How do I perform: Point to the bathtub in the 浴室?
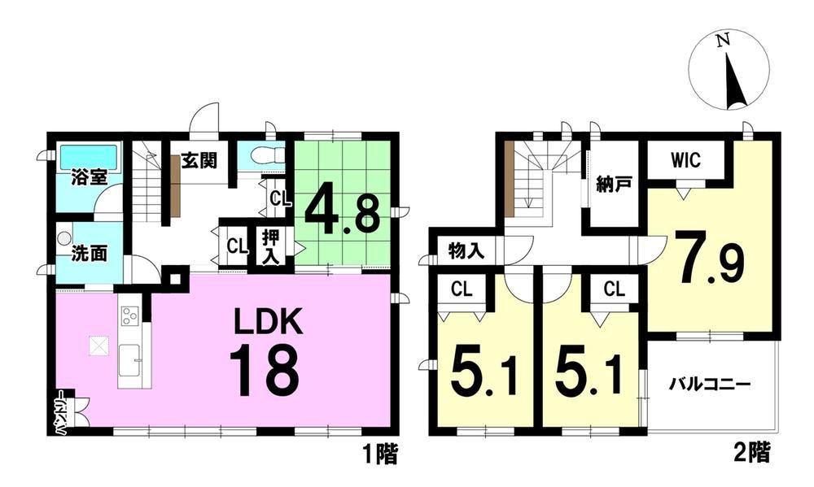point(89,156)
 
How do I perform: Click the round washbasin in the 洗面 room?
point(63,238)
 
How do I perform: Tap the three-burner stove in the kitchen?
point(129,315)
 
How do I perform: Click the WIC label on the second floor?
point(685,160)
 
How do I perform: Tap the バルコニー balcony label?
point(709,385)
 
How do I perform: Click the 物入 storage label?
point(466,251)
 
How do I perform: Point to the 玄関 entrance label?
point(199,161)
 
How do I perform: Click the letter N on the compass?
point(722,41)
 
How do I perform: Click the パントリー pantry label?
point(61,411)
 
